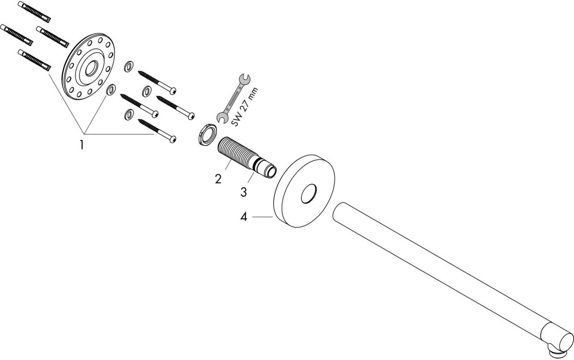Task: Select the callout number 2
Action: coord(218,179)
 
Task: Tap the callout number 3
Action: coord(244,192)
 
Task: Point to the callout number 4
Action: coord(244,217)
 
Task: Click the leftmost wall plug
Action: coord(16,35)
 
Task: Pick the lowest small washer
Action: coord(128,114)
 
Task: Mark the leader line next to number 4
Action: coord(262,217)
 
